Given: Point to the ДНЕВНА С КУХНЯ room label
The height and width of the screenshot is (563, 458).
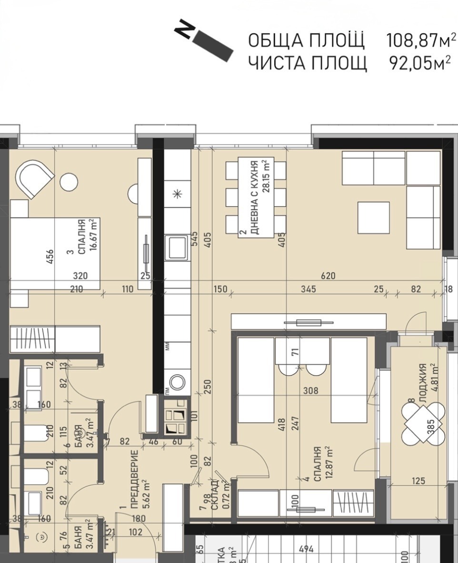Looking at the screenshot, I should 255,197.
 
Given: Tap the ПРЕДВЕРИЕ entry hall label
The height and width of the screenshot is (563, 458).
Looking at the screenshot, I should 134,480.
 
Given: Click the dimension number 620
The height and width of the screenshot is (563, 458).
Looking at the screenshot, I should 328,276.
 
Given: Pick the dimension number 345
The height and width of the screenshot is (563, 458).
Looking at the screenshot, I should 307,290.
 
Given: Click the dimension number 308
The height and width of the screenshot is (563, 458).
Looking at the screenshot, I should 309,391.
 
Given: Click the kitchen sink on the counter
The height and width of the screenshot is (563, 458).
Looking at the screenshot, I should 177,247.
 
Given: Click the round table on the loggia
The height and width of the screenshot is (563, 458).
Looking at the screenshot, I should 423,422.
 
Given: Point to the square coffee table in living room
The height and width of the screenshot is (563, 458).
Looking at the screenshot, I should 373,217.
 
